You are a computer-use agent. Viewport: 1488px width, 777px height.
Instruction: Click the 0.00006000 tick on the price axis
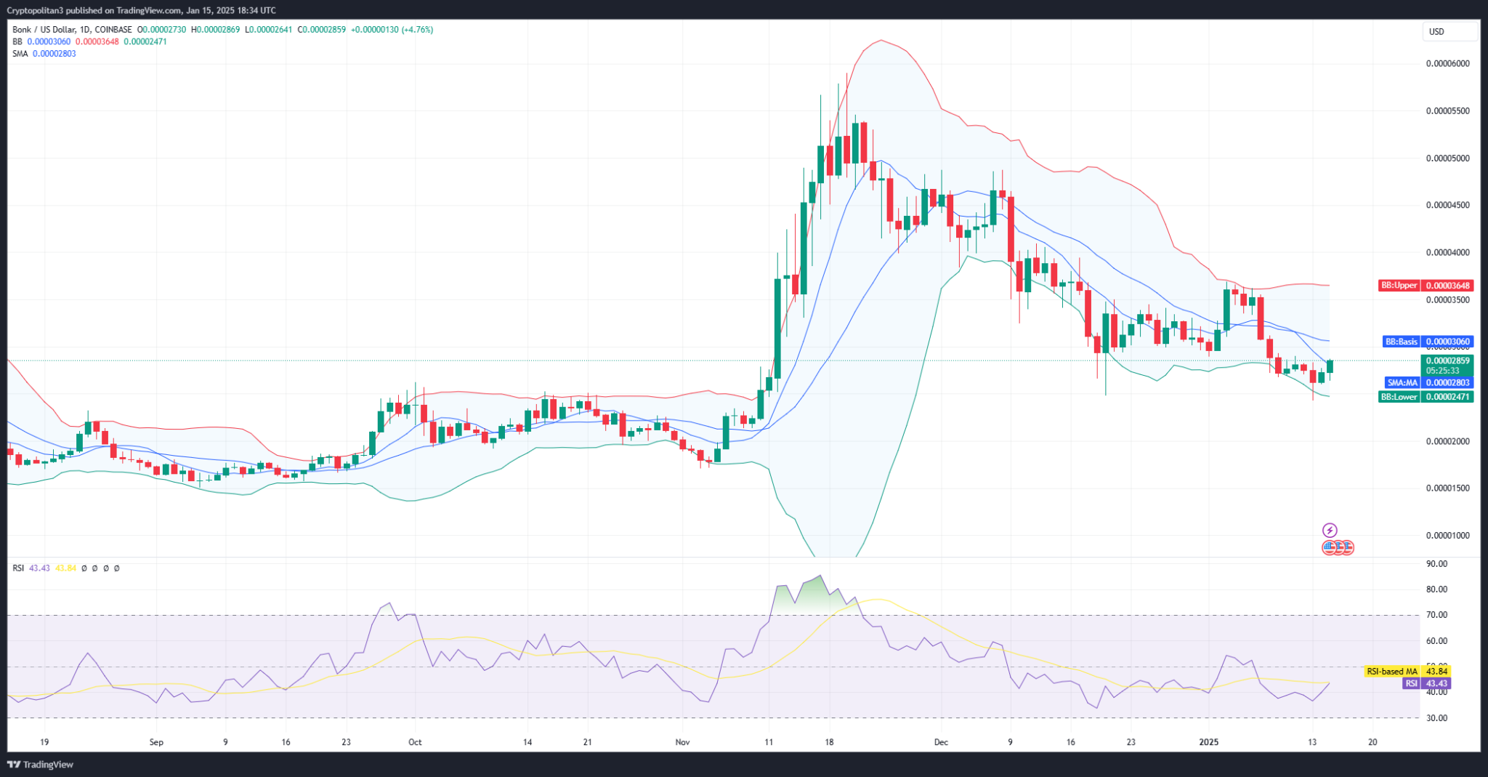1447,64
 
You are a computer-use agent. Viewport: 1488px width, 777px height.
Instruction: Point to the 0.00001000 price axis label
1447,536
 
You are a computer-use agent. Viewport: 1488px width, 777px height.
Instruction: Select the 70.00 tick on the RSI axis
1436,615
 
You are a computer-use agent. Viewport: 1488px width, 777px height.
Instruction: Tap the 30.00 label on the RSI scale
1436,718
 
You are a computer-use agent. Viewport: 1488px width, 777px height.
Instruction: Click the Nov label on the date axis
682,742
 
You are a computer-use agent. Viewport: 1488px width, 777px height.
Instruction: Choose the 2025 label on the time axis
1209,742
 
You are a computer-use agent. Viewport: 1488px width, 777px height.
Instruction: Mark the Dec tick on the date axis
941,742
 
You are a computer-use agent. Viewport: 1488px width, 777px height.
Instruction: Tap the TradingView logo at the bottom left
41,765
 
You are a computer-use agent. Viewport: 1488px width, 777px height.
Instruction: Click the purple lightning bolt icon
1330,530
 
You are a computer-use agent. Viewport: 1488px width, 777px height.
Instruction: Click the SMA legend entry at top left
20,54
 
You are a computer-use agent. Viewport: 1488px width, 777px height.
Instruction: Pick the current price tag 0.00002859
1447,361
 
